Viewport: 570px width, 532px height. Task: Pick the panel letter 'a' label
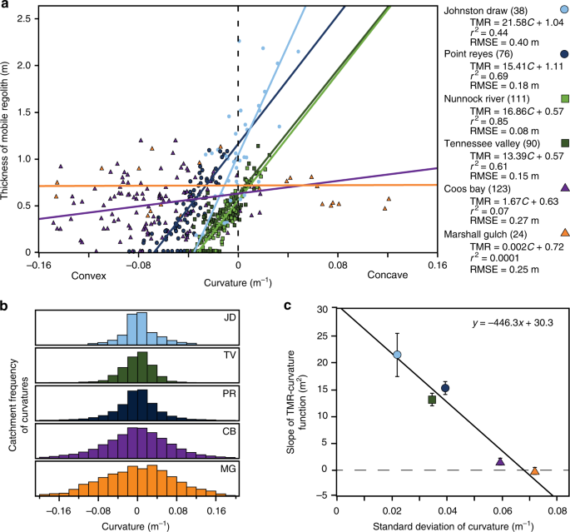coord(6,7)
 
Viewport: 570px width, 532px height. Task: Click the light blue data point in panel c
coord(397,355)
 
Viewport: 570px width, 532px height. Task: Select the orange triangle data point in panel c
coord(535,471)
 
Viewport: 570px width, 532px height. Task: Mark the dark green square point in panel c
coord(432,400)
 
